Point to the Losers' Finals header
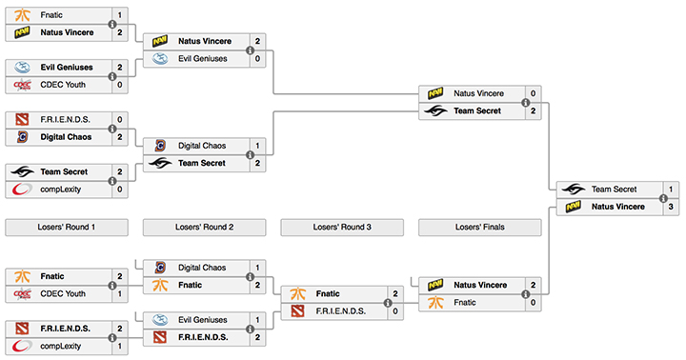(x=480, y=228)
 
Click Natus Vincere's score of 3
(x=671, y=206)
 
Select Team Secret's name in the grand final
(x=613, y=190)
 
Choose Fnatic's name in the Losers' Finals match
(x=466, y=301)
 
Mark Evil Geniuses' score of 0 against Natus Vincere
(x=257, y=59)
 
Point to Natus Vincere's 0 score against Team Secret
(x=533, y=94)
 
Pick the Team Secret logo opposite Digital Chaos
(x=160, y=163)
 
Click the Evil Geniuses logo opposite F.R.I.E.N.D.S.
(x=160, y=320)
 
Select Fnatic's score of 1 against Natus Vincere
(x=119, y=16)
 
